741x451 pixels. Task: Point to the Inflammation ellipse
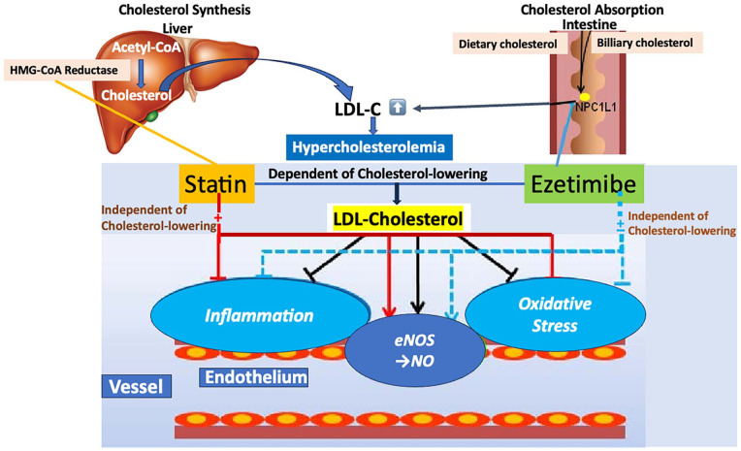(258, 315)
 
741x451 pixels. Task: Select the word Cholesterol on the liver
(136, 95)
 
